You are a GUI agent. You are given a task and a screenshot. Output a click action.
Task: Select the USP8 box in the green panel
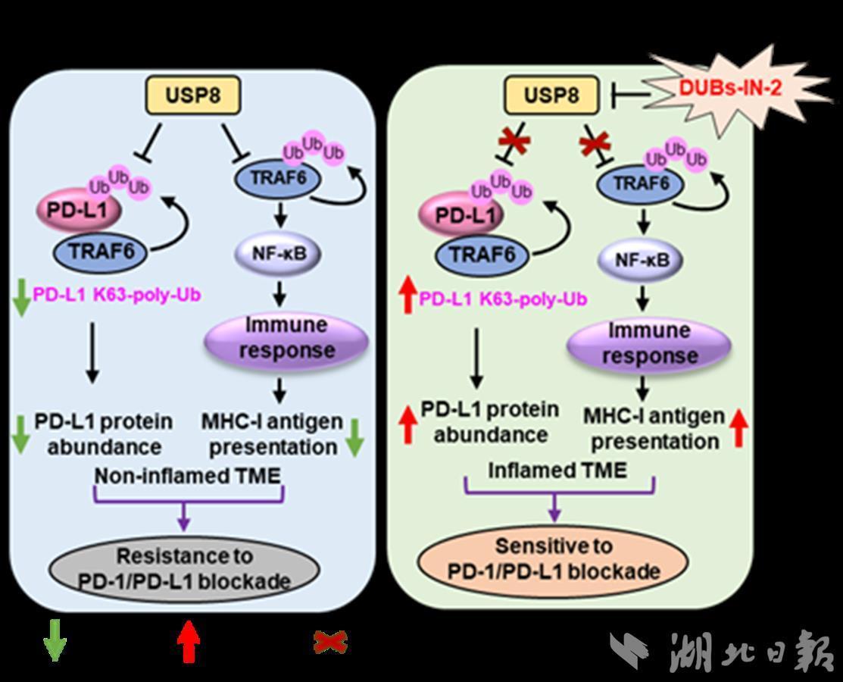(x=553, y=95)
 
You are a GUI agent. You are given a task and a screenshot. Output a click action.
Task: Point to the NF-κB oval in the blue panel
(x=279, y=252)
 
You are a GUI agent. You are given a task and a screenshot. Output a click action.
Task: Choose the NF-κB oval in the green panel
(x=640, y=260)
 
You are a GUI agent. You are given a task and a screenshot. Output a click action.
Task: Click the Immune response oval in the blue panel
(x=286, y=338)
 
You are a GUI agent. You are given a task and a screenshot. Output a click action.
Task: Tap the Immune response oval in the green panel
(x=648, y=343)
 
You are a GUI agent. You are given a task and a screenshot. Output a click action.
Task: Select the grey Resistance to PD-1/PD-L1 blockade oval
(x=185, y=568)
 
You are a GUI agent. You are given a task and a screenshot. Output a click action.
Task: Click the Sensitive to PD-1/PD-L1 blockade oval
(x=554, y=558)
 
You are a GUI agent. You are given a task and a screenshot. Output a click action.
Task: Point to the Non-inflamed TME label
(x=187, y=476)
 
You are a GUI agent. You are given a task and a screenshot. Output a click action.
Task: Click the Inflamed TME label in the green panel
(x=557, y=471)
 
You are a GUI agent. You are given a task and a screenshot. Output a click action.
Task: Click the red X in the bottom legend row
(x=330, y=643)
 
